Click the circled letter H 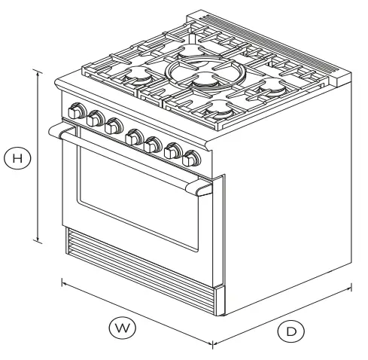click(18, 159)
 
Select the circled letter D click(291, 329)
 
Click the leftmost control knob click(75, 111)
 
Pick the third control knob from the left click(114, 127)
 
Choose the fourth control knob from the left click(135, 136)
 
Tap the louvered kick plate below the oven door click(135, 267)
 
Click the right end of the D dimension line click(351, 287)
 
